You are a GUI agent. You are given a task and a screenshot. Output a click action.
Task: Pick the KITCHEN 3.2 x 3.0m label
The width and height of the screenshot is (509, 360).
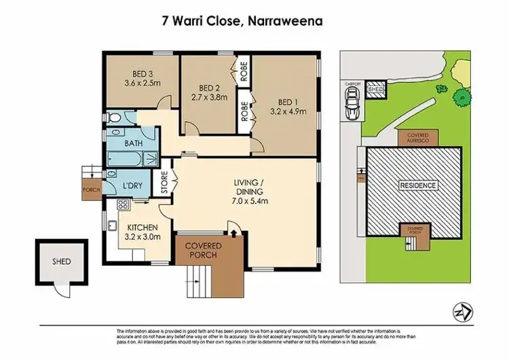[143, 232]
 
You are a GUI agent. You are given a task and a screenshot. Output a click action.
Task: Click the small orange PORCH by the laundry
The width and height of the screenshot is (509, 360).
[90, 190]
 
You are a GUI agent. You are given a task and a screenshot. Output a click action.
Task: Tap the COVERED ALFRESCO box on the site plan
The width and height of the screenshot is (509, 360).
[417, 138]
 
